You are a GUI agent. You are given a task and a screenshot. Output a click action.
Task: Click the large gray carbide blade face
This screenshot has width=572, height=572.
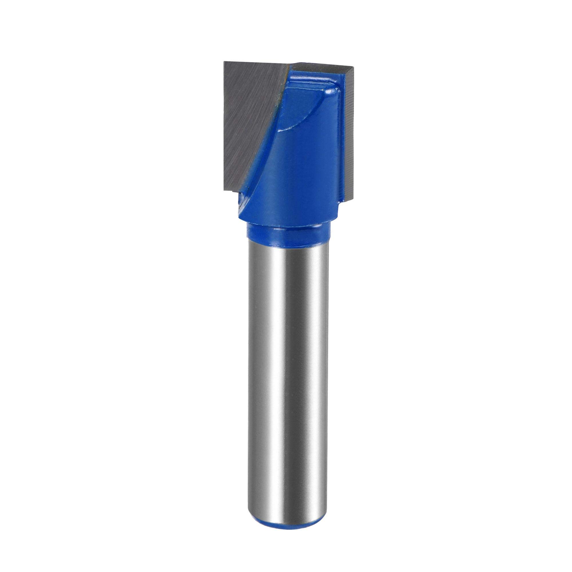point(249,118)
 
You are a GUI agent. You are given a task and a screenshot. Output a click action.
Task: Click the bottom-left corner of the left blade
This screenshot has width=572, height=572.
point(225,191)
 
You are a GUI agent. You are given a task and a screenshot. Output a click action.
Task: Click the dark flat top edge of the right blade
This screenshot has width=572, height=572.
point(323,66)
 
